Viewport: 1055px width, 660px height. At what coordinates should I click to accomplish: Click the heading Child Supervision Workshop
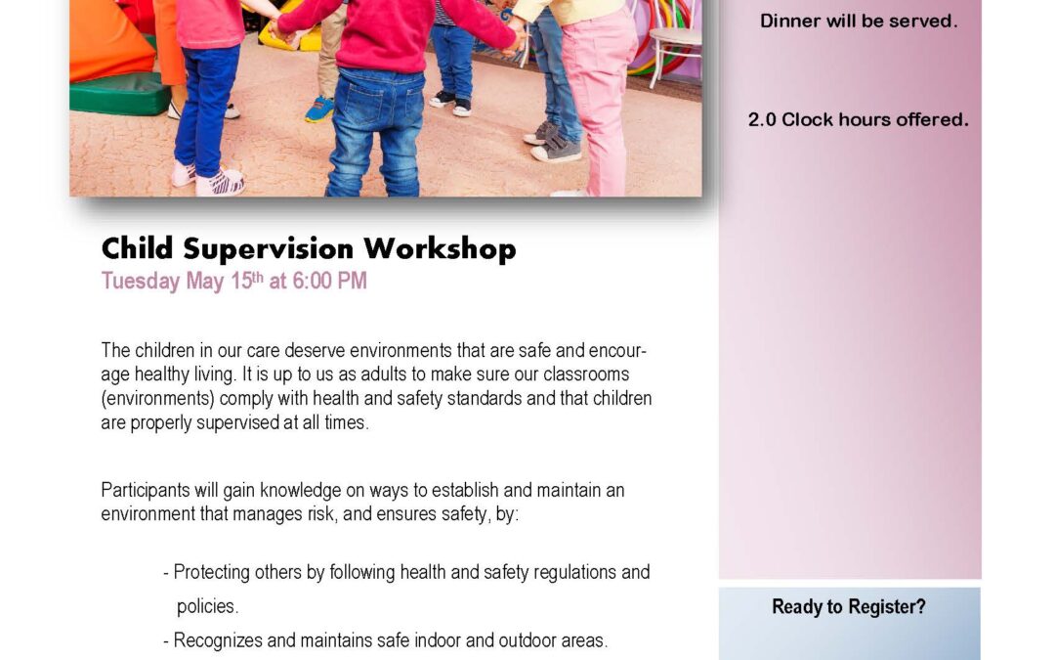click(309, 248)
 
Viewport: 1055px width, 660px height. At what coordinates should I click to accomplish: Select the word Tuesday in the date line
click(141, 282)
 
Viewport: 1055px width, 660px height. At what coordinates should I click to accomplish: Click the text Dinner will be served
click(859, 21)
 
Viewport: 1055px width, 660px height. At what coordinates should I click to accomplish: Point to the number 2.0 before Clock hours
click(762, 120)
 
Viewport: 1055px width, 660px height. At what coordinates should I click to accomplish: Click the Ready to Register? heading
click(849, 607)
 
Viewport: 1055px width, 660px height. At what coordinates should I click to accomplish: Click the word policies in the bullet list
click(206, 607)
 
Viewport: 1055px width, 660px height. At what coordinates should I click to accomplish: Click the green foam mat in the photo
click(120, 93)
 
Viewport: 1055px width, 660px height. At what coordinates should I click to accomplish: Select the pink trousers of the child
click(599, 94)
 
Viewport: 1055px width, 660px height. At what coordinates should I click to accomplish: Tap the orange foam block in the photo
click(107, 40)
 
